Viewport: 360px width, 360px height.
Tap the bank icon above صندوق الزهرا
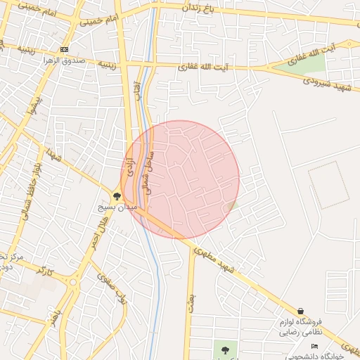click(65, 49)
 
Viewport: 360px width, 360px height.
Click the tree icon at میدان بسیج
click(117, 197)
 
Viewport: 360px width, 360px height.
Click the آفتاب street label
click(137, 90)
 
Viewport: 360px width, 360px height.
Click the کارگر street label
click(44, 271)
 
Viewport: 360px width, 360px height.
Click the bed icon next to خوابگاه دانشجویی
click(314, 347)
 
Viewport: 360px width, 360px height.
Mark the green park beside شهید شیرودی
click(302, 63)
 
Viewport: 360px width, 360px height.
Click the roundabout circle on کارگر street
click(72, 283)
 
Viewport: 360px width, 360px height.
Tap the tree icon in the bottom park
click(225, 349)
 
